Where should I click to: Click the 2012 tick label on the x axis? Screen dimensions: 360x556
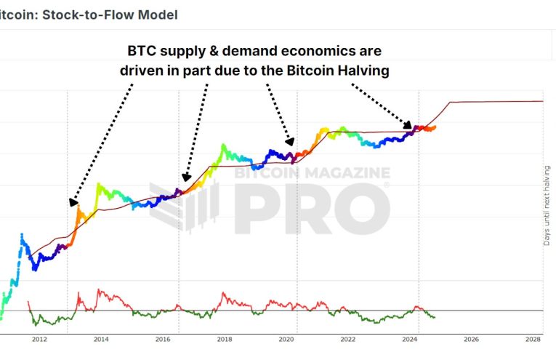39,339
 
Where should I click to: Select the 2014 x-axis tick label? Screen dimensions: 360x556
101,339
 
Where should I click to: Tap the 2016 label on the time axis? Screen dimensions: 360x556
163,339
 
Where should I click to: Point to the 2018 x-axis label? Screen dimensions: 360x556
225,339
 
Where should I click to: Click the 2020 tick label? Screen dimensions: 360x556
286,339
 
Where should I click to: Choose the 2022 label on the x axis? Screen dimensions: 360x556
348,339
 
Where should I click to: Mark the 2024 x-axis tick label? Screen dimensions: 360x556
410,339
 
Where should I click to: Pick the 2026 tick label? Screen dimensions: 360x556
472,339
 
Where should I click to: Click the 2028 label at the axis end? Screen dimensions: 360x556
533,339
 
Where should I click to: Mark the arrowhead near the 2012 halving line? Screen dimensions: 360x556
73,202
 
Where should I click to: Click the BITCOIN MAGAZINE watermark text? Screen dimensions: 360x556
313,172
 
